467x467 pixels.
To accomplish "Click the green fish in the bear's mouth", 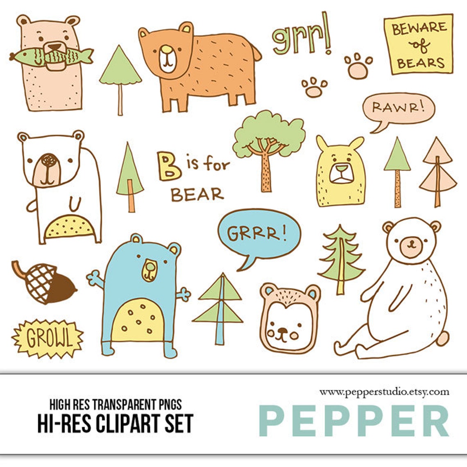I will click(x=51, y=56).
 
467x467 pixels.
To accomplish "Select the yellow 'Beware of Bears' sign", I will click(x=418, y=45).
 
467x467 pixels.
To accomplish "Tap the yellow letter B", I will click(x=169, y=165).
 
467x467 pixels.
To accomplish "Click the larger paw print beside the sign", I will click(x=357, y=66).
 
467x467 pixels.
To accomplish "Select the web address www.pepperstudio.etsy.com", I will click(x=384, y=392).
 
